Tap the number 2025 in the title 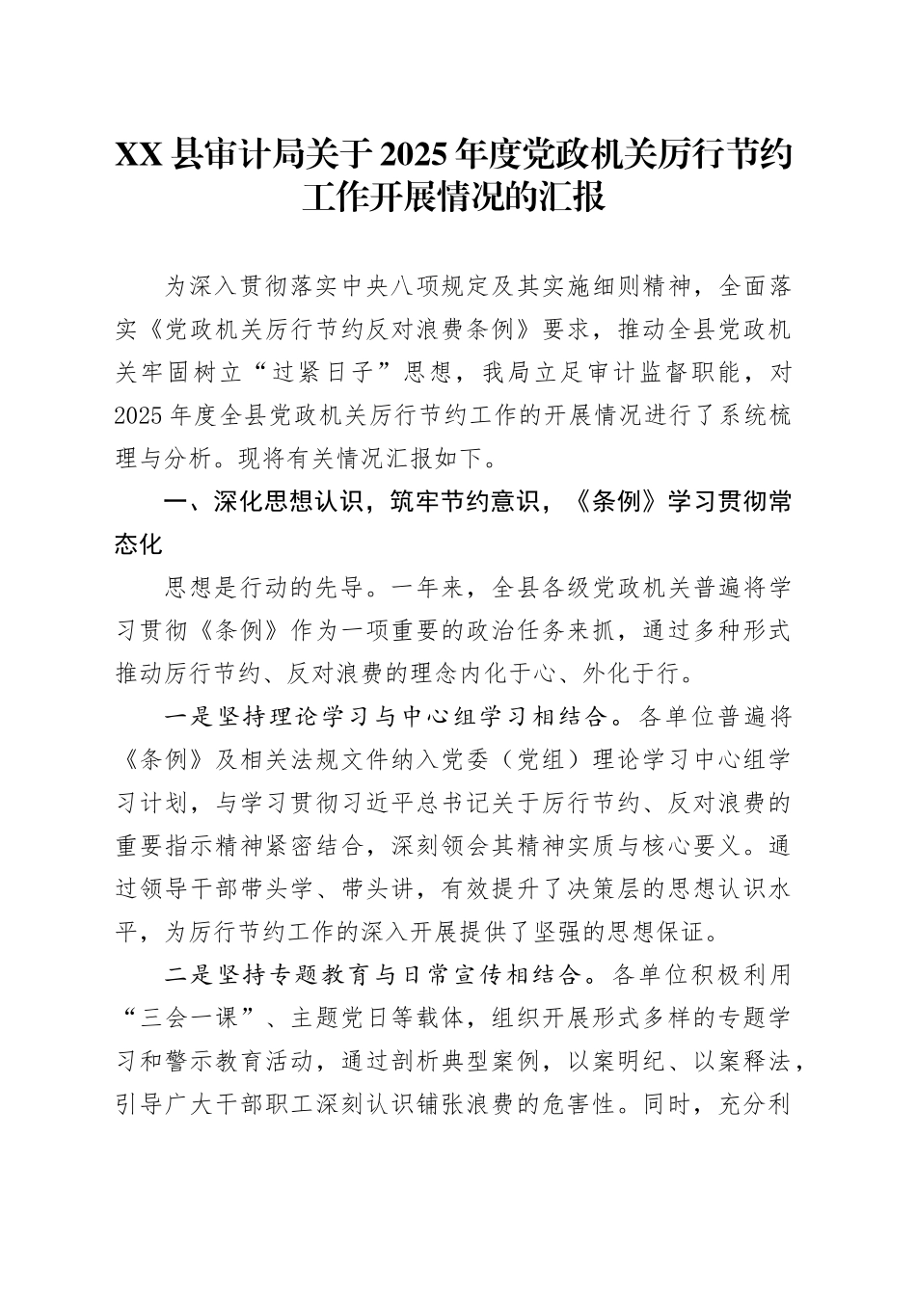click(417, 154)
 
